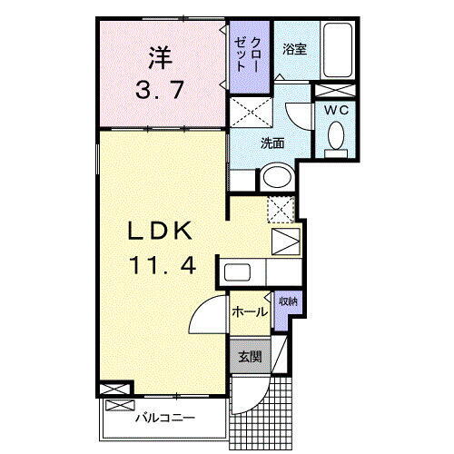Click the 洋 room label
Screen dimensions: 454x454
click(x=161, y=58)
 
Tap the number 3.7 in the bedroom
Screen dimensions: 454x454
click(x=161, y=91)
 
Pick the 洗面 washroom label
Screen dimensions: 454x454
click(x=272, y=143)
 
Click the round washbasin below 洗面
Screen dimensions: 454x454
click(x=276, y=176)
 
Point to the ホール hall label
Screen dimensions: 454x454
click(x=248, y=312)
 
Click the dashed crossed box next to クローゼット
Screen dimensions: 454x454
click(x=248, y=113)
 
